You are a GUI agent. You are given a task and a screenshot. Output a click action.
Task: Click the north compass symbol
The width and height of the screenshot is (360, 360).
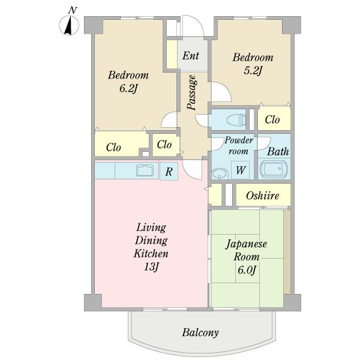tap(69, 25)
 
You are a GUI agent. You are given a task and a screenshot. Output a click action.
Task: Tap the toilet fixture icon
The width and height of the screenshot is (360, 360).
tap(236, 120)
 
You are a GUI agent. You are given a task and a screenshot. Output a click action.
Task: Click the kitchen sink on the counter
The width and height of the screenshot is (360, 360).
tap(145, 170)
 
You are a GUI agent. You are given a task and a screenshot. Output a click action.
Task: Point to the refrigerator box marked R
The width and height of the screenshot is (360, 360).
tap(169, 171)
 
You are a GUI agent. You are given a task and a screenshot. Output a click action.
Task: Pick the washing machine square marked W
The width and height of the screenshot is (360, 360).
tap(240, 170)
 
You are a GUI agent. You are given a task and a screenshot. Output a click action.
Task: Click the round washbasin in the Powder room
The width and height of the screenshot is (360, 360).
tap(220, 173)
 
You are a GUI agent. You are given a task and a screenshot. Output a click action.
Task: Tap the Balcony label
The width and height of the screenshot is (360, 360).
tap(200, 332)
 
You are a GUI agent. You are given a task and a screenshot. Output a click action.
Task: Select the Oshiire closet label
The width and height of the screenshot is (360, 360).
tap(262, 196)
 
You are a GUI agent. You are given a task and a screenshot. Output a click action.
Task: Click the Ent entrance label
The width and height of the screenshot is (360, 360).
tap(191, 56)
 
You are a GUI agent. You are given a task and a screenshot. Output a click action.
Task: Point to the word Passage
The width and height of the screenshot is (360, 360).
tap(192, 92)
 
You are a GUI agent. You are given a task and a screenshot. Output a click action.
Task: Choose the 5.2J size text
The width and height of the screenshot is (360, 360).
tap(253, 71)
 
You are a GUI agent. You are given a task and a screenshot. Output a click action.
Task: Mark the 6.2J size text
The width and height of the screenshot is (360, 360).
tap(128, 89)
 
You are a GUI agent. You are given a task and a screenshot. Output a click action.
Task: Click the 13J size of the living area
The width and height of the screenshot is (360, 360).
tap(151, 267)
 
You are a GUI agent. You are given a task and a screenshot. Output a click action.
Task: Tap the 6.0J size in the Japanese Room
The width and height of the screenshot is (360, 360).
tap(247, 270)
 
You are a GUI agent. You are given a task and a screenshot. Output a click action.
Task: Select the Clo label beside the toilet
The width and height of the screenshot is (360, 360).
tap(272, 119)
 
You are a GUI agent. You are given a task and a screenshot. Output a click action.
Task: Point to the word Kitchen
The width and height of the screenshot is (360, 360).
tap(151, 253)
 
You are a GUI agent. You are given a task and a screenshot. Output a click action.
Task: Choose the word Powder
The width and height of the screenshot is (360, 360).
tap(239, 140)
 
